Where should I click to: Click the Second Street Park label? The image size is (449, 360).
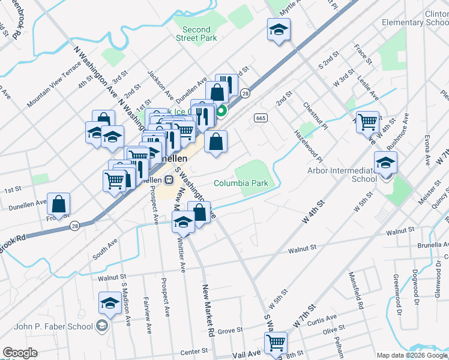click(x=196, y=34)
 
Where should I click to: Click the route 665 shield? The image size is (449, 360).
click(x=260, y=118)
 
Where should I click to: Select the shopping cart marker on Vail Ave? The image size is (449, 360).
click(x=276, y=343)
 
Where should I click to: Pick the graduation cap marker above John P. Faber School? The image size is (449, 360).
click(x=110, y=304)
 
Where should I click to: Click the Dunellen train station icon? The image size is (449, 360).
click(x=169, y=179)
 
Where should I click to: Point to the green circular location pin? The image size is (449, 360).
click(x=221, y=110)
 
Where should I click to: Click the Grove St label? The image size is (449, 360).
click(x=230, y=331)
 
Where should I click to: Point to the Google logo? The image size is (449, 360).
click(x=20, y=353)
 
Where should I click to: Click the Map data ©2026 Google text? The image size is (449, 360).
click(x=412, y=355)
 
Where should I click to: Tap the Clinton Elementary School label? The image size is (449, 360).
click(x=417, y=18)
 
